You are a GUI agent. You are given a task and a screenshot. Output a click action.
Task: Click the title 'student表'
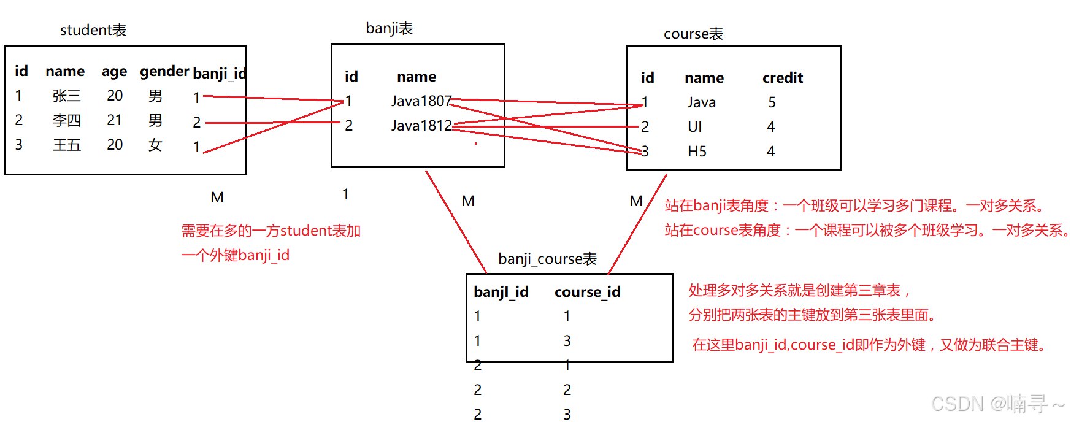[x=93, y=30]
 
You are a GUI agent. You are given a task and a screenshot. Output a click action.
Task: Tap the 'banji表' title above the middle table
[x=389, y=28]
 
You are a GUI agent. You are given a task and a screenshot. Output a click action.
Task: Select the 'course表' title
[x=693, y=34]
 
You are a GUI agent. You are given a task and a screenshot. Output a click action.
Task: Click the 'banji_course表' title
[x=547, y=259]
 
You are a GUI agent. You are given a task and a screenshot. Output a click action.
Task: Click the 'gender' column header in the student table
[x=164, y=71]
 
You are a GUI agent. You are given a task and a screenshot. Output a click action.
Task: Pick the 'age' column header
[x=114, y=72]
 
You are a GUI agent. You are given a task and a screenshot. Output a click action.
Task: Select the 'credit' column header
[x=782, y=78]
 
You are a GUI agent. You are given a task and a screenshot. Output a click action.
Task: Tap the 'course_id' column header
[x=587, y=292]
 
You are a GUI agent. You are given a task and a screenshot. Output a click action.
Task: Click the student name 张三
[x=66, y=96]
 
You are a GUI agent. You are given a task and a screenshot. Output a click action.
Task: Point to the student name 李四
[x=66, y=120]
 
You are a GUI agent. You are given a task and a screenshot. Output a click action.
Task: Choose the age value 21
[x=114, y=120]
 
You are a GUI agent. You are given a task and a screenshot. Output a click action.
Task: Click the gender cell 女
[x=155, y=145]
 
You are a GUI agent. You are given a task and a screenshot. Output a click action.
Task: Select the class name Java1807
[x=421, y=101]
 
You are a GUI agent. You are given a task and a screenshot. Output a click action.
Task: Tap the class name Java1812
[x=421, y=126]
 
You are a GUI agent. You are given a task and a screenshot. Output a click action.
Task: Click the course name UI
[x=694, y=127]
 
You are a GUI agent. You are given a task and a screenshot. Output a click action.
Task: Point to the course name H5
[x=697, y=152]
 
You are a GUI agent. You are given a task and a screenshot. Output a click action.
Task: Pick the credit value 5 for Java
[x=772, y=102]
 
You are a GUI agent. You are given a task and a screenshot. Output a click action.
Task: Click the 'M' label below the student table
[x=217, y=198]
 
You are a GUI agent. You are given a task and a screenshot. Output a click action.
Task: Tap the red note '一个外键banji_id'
[x=236, y=255]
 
